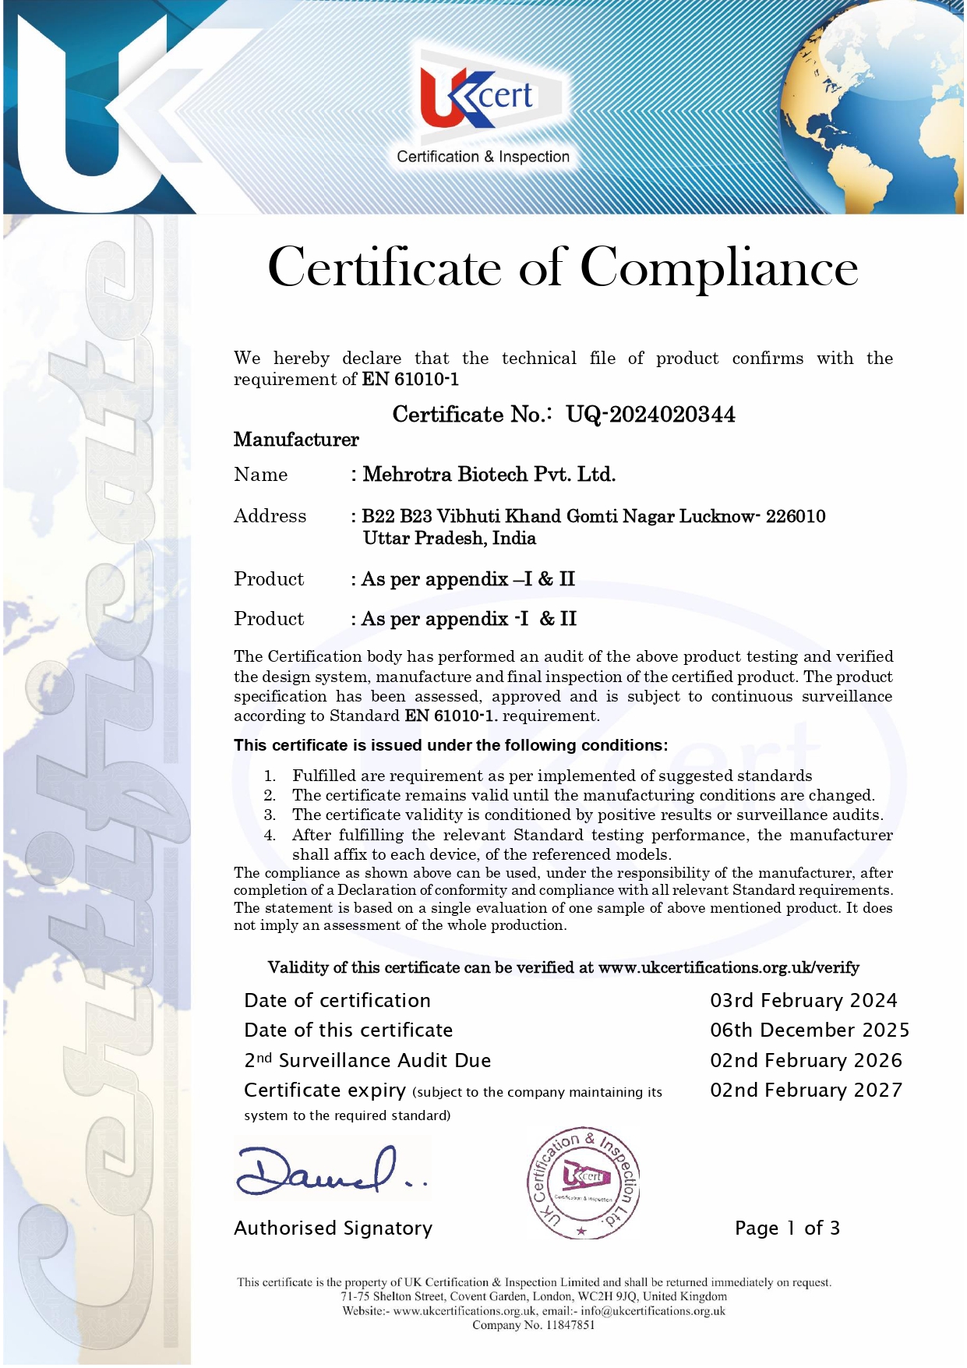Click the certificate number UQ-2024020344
point(650,414)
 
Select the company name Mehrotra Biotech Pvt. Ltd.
point(489,474)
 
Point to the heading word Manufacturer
point(296,440)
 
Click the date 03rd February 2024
point(803,1000)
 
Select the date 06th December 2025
point(809,1030)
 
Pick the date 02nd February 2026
point(806,1060)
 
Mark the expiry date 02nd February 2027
point(806,1090)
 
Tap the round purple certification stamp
point(584,1182)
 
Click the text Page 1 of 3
point(787,1228)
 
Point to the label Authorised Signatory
point(333,1228)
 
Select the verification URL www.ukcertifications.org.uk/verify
point(729,967)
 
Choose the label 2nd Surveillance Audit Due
point(367,1060)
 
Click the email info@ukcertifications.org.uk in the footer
point(652,1311)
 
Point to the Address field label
point(270,516)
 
